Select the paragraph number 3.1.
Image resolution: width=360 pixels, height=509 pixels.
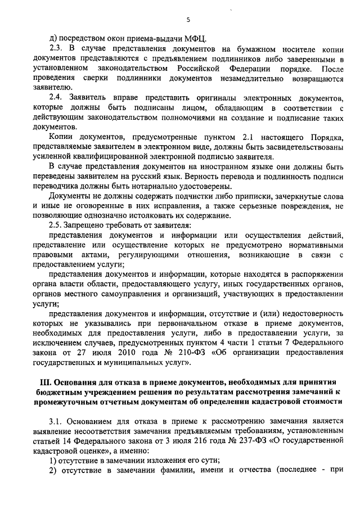[56, 420]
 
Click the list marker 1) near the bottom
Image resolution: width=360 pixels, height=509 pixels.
[53, 461]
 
